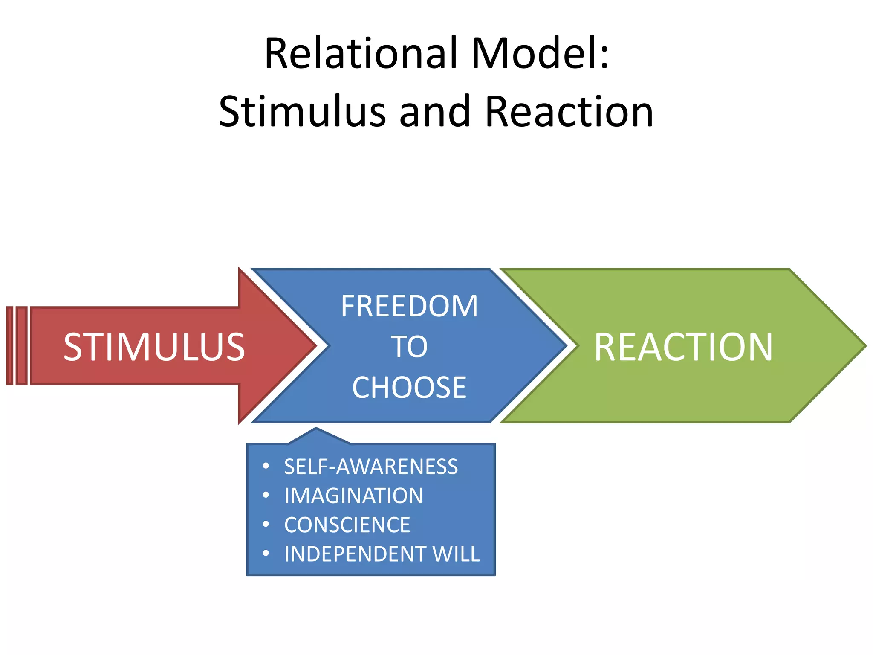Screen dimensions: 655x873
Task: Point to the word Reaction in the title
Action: [x=569, y=112]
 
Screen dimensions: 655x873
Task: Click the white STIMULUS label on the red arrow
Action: [x=154, y=347]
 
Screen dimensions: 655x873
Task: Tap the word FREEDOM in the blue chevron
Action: [x=409, y=306]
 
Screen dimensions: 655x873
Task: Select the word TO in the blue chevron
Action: [x=409, y=347]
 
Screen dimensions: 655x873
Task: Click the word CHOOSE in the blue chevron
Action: [x=409, y=388]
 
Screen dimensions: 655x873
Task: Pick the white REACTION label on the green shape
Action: [x=683, y=347]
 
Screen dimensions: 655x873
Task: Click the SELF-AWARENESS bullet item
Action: [x=371, y=467]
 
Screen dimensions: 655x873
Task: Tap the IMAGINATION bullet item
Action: [x=353, y=496]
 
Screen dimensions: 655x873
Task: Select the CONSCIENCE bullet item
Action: [x=347, y=525]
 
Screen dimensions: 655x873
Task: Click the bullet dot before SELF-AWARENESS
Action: [x=266, y=466]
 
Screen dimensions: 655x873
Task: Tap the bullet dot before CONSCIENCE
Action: [x=266, y=524]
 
